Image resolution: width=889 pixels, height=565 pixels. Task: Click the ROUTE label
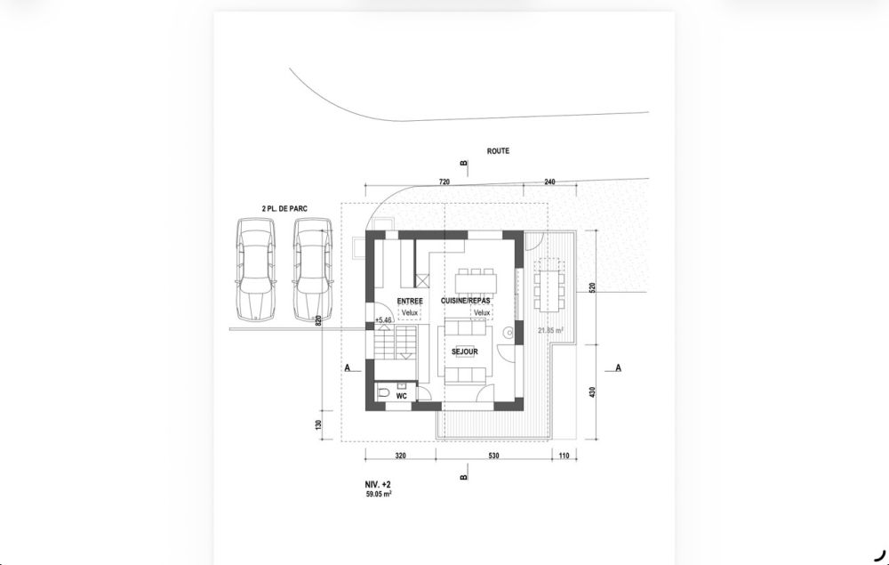(498, 151)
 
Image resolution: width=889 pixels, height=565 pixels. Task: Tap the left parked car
(254, 269)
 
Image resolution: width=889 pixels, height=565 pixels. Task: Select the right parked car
(312, 269)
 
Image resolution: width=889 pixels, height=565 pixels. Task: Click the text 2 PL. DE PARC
(284, 207)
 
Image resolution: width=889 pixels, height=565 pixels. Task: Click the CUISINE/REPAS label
(466, 303)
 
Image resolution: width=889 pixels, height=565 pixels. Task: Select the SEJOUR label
(464, 352)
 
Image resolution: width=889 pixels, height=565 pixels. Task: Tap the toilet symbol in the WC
(384, 392)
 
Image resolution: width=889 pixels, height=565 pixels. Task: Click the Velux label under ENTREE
(409, 313)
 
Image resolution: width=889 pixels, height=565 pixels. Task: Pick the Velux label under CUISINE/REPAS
(482, 313)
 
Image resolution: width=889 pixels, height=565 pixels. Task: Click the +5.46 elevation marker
(383, 319)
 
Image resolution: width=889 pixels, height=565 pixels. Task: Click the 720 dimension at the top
(445, 182)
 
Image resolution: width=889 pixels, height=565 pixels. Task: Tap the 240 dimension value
(549, 182)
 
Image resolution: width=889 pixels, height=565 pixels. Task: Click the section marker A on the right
(618, 367)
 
